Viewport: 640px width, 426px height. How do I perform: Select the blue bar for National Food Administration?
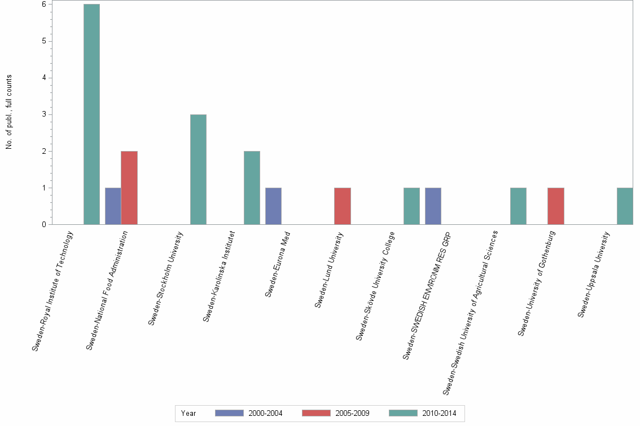coord(113,206)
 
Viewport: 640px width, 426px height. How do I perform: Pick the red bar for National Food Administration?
coord(129,188)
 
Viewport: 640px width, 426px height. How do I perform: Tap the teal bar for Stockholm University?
coord(198,170)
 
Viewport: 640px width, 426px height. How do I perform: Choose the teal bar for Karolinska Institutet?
coord(252,188)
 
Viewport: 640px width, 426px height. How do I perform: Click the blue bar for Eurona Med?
coord(273,206)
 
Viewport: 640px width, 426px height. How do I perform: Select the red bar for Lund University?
coord(343,206)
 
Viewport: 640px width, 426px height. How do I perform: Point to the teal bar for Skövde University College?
coord(411,206)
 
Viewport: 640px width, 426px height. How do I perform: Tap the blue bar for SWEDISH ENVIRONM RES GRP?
coord(433,206)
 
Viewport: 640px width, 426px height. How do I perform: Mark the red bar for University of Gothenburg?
coord(556,206)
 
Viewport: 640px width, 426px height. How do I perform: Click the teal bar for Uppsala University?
coord(625,206)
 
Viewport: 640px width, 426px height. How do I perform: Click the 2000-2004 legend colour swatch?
coord(229,414)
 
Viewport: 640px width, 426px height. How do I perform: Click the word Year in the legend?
coord(189,414)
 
